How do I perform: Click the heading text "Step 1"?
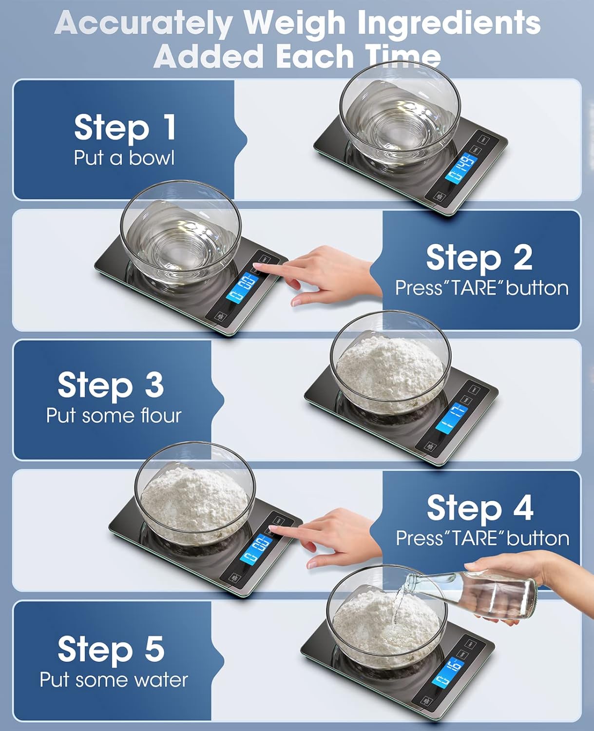pyautogui.click(x=125, y=128)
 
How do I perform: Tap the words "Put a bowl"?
pyautogui.click(x=124, y=158)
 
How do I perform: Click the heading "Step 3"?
pyautogui.click(x=111, y=385)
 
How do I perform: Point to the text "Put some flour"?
pyautogui.click(x=114, y=416)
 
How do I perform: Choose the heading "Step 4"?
pyautogui.click(x=480, y=508)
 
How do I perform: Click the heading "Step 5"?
pyautogui.click(x=111, y=649)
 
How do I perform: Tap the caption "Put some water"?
pyautogui.click(x=114, y=680)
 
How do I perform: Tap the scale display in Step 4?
pyautogui.click(x=256, y=549)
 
